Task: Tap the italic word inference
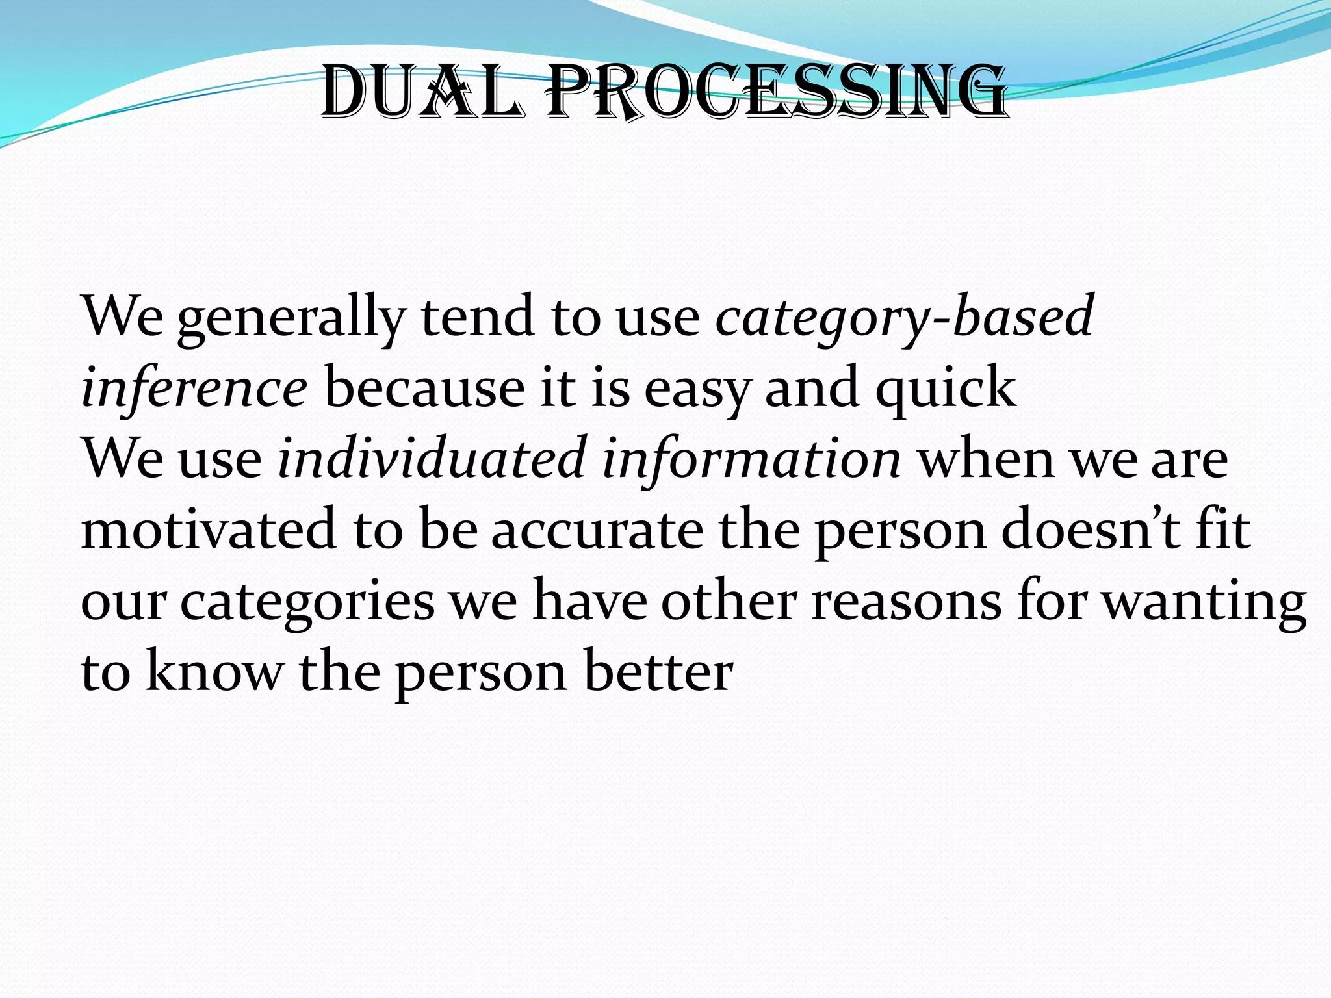(x=194, y=388)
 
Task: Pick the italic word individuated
(x=432, y=459)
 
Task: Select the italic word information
(x=751, y=459)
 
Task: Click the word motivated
(x=209, y=530)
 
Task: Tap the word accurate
(x=597, y=530)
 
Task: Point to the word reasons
(x=907, y=602)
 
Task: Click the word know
(x=214, y=672)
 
